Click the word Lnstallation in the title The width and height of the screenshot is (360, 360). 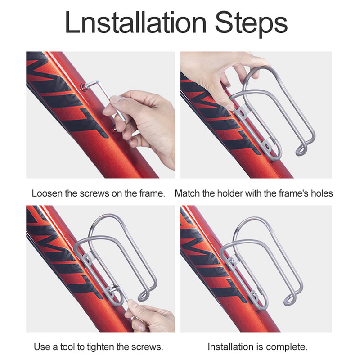136,22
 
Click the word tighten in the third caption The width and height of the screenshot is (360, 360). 100,346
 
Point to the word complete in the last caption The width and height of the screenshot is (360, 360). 287,346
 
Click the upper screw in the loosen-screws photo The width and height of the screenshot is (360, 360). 84,87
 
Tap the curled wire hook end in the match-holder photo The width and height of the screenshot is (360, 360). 302,149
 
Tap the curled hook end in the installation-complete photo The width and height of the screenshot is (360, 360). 290,299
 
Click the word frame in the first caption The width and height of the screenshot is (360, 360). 152,193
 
